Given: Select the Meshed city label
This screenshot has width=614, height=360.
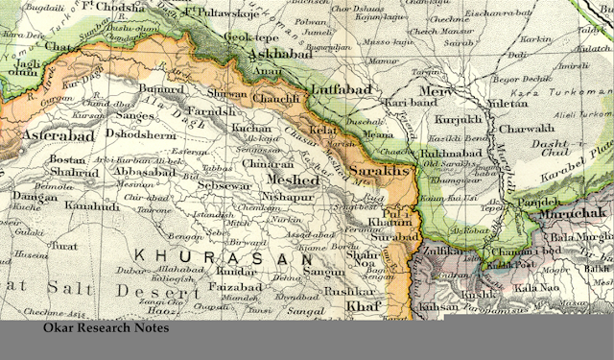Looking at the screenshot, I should [x=294, y=180].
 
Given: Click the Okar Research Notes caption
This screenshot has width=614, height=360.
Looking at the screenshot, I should [x=106, y=328].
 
